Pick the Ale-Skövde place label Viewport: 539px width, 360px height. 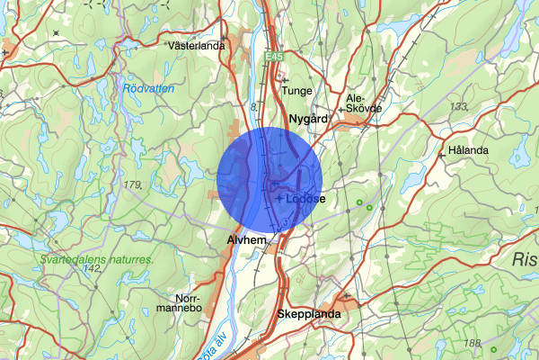point(364,102)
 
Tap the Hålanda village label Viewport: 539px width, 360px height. point(468,149)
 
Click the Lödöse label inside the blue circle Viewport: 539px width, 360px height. point(307,198)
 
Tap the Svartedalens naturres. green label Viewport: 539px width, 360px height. point(96,260)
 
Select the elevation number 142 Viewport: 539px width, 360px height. point(91,269)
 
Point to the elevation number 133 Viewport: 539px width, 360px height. point(459,107)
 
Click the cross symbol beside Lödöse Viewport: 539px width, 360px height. point(280,198)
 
